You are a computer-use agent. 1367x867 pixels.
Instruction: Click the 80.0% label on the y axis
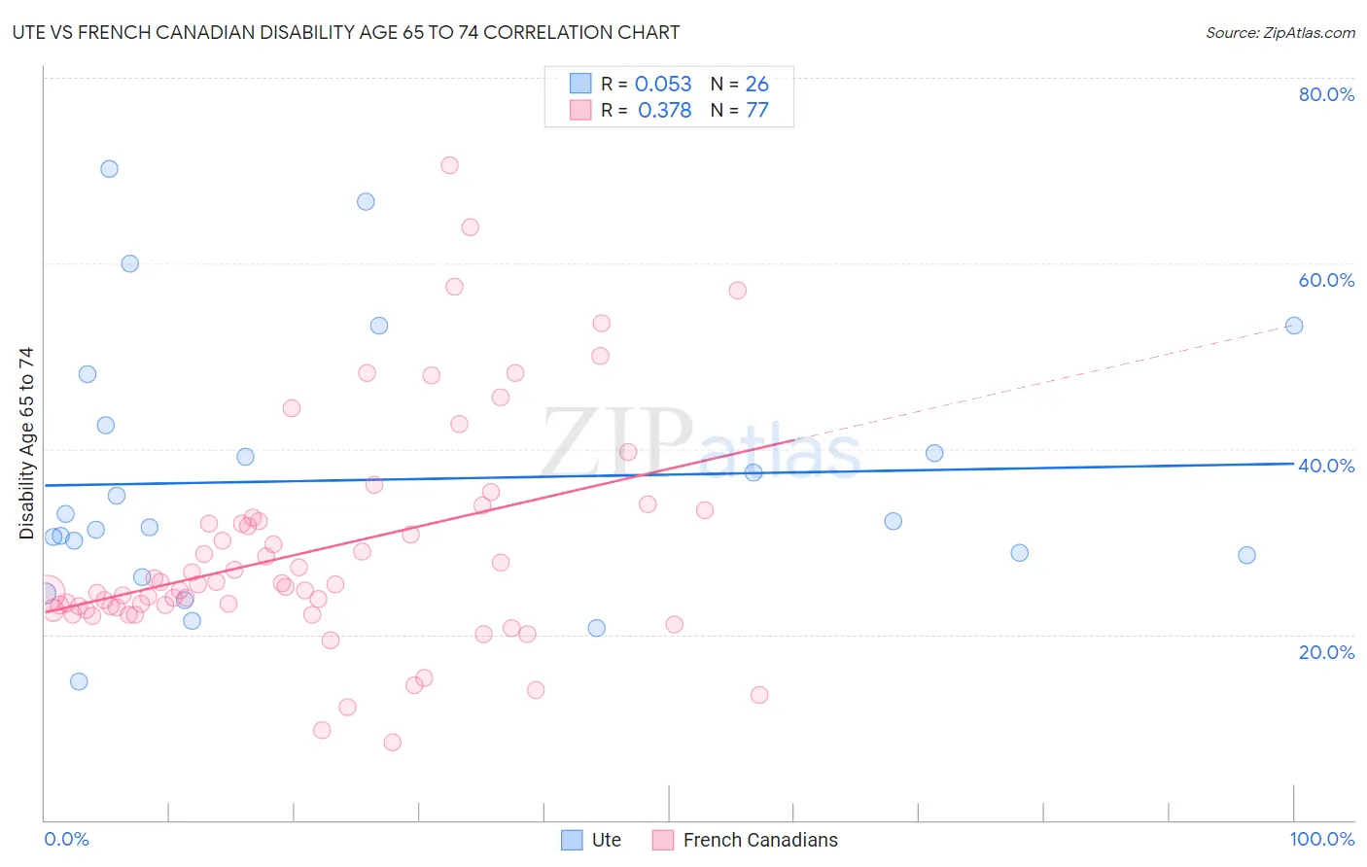tap(1326, 94)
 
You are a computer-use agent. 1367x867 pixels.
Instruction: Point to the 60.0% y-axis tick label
tap(1326, 280)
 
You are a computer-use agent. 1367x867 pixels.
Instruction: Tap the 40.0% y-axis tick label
tap(1326, 466)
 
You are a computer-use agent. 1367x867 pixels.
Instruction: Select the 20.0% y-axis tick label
tap(1326, 652)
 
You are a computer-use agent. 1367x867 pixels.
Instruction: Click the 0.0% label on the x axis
tap(66, 839)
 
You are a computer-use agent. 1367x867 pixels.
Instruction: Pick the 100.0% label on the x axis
tap(1321, 839)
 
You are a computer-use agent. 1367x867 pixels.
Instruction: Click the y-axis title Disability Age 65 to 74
tap(26, 443)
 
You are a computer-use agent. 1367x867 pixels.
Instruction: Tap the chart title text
tap(346, 32)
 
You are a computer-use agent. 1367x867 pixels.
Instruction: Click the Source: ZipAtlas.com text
tap(1279, 33)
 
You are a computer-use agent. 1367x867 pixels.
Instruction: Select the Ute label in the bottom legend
tap(606, 840)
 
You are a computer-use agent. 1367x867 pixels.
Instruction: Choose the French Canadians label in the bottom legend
tap(759, 840)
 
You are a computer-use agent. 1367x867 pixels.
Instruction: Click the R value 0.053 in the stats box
tap(663, 85)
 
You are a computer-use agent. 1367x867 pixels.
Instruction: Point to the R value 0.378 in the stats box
tap(664, 111)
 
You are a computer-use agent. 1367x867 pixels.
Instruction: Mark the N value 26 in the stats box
tap(756, 85)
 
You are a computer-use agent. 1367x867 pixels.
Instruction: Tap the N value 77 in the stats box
tap(756, 111)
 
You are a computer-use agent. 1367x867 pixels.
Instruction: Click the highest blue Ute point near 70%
tap(109, 169)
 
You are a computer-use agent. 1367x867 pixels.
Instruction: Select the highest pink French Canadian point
tap(449, 165)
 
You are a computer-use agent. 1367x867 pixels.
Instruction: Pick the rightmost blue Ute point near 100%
tap(1293, 326)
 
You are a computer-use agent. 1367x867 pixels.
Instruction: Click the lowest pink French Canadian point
tap(392, 743)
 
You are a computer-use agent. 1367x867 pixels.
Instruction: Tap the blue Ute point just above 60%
tap(129, 263)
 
